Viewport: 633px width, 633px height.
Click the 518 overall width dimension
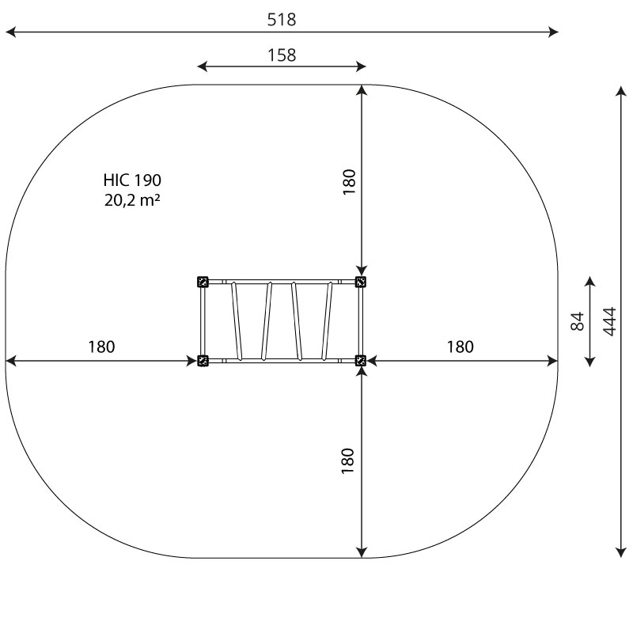pyautogui.click(x=282, y=19)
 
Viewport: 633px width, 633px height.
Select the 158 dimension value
pyautogui.click(x=282, y=55)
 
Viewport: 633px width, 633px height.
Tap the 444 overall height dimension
pyautogui.click(x=609, y=321)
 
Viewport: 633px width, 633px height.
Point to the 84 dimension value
pyautogui.click(x=578, y=321)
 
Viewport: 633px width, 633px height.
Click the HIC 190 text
pyautogui.click(x=132, y=180)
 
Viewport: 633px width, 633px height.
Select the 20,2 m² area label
pyautogui.click(x=132, y=200)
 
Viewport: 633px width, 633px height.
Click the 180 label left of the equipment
pyautogui.click(x=101, y=347)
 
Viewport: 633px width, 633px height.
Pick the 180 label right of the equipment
pyautogui.click(x=460, y=347)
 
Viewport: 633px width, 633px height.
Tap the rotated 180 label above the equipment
pyautogui.click(x=349, y=182)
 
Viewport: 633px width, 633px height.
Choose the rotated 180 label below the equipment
pyautogui.click(x=347, y=461)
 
